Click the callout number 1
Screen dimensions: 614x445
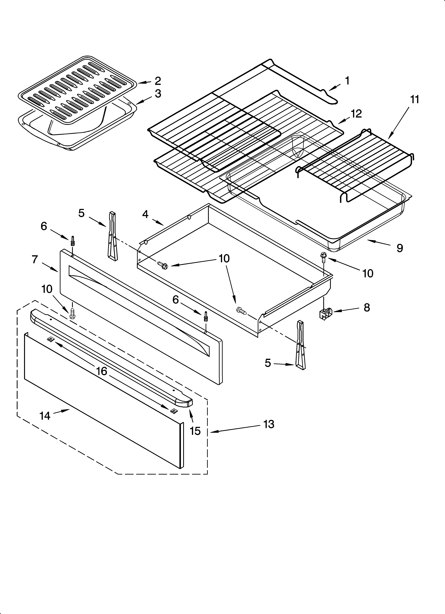(347, 81)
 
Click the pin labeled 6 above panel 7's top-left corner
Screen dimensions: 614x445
(73, 240)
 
